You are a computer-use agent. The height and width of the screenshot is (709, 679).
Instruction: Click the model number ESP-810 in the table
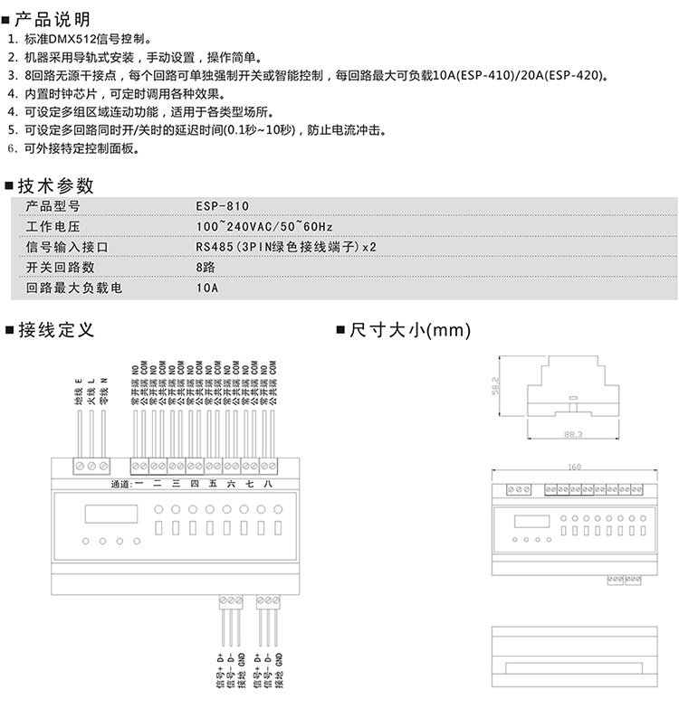click(x=222, y=206)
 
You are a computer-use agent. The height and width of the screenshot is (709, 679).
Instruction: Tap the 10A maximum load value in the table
click(x=207, y=289)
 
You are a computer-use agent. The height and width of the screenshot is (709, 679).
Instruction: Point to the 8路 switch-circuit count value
click(x=205, y=269)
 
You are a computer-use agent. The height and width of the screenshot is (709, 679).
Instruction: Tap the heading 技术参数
click(x=55, y=185)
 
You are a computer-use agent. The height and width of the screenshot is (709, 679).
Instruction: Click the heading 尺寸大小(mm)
click(x=404, y=330)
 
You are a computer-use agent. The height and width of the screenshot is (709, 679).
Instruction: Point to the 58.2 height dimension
click(x=495, y=385)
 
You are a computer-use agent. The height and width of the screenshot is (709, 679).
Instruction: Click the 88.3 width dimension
click(x=572, y=435)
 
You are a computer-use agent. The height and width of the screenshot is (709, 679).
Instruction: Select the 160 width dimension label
click(x=574, y=468)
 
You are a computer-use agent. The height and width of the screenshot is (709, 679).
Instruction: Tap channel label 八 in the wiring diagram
click(x=266, y=485)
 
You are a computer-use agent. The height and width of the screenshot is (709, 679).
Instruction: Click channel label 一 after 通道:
click(x=139, y=485)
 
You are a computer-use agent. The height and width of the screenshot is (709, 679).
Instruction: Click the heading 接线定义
click(x=55, y=330)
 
